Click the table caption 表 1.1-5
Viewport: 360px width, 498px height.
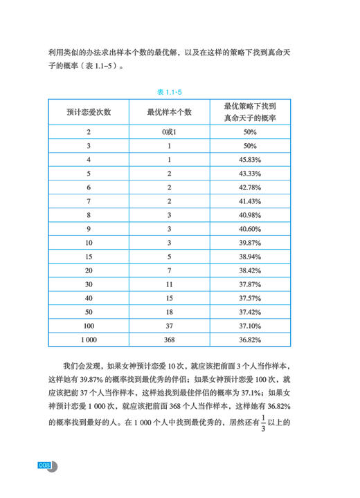(x=181, y=91)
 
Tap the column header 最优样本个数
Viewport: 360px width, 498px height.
(x=170, y=112)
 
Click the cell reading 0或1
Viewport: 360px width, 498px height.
(x=170, y=132)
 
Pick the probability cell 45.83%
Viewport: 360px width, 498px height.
(x=250, y=160)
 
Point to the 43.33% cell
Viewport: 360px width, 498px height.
(x=250, y=174)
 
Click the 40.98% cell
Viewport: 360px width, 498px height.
(x=250, y=215)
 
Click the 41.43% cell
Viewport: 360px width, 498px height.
(x=250, y=201)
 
